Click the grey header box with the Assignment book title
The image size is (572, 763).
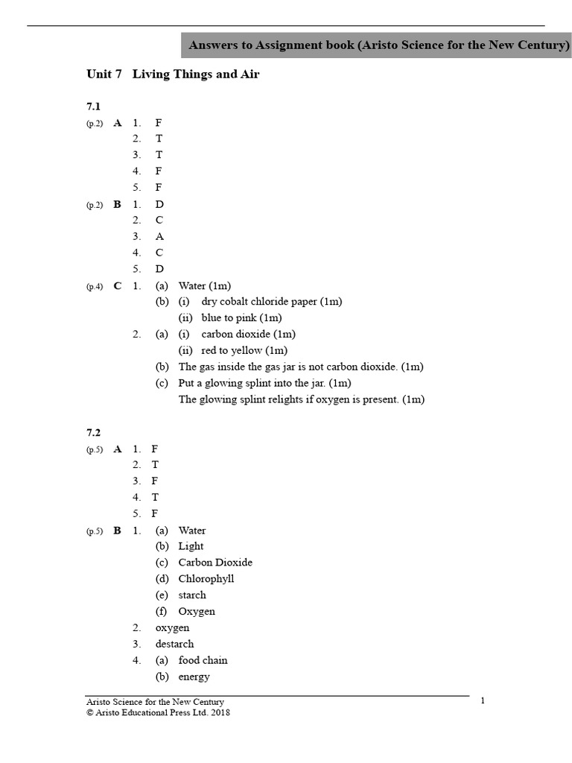coord(378,45)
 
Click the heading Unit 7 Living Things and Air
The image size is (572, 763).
coord(173,75)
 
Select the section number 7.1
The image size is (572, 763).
coord(93,107)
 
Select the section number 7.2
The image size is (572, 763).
coord(93,433)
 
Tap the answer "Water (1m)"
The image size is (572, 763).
coord(205,286)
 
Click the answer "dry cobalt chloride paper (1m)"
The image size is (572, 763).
coord(272,302)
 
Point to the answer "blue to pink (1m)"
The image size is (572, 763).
coord(241,318)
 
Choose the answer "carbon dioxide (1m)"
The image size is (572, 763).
coord(248,335)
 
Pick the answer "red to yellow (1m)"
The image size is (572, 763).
coord(244,351)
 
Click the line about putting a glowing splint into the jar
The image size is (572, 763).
coord(264,383)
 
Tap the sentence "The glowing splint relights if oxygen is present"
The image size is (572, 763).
coord(302,399)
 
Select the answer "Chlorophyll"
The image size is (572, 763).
coord(206,579)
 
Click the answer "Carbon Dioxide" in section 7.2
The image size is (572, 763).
coord(215,563)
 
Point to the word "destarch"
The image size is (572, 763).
coord(174,644)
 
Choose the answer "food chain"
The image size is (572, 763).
coord(203,660)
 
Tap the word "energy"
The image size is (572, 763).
coord(194,677)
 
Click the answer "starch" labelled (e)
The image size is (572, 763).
coord(192,595)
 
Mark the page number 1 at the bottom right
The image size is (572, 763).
coord(483,700)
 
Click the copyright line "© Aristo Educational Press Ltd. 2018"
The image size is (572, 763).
coord(158,713)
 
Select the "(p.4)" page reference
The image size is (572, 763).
coord(95,287)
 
